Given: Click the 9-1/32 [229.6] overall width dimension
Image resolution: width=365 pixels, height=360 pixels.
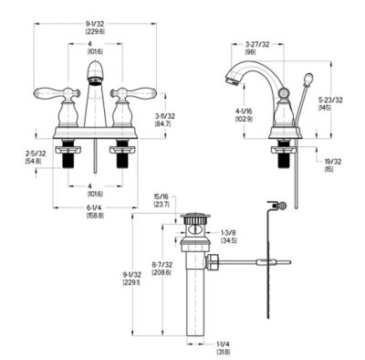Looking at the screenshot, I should point(96,26).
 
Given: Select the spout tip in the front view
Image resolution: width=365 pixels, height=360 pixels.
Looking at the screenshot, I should point(95,81).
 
